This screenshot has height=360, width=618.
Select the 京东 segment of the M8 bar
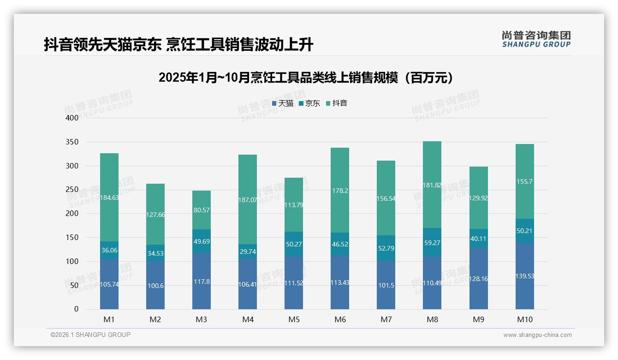click(x=432, y=242)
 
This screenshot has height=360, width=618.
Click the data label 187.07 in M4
click(x=248, y=200)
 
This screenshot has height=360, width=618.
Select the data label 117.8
click(x=202, y=282)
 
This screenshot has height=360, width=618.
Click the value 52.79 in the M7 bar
click(x=386, y=248)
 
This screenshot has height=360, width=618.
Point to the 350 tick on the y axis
click(x=72, y=142)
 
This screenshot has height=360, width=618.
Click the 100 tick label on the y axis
click(x=72, y=261)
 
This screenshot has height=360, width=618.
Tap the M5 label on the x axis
click(x=294, y=319)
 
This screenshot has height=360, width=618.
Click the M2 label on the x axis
click(x=155, y=319)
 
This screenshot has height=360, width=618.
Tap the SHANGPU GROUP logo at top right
click(x=536, y=39)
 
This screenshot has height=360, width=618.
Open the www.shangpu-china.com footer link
click(x=537, y=335)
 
